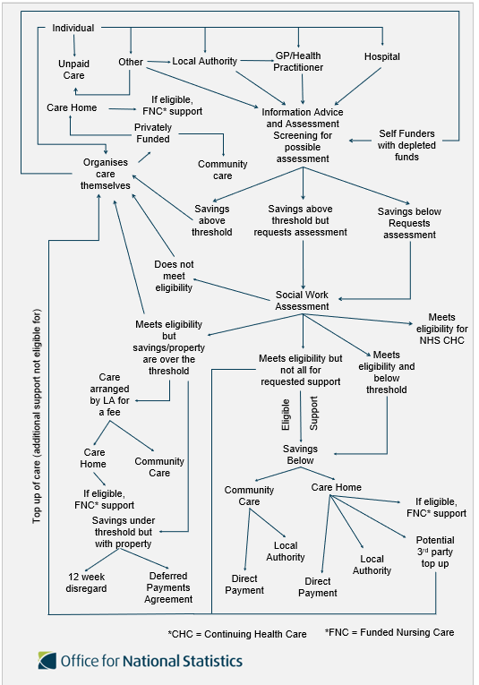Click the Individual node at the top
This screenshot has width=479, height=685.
tap(73, 28)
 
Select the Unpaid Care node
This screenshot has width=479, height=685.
tap(73, 70)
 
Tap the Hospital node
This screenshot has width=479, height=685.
tap(382, 56)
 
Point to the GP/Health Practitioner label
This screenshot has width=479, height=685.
tap(298, 62)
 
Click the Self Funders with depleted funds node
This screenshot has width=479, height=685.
tap(406, 145)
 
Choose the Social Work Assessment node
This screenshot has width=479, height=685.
tap(302, 301)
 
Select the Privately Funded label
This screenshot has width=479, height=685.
tap(153, 133)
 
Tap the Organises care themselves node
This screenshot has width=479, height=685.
tap(106, 174)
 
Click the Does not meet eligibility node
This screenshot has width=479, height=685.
tap(174, 276)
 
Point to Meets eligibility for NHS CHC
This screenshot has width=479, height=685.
tap(442, 329)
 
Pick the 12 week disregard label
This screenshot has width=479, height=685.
tap(87, 583)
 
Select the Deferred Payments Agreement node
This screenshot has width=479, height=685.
tap(168, 587)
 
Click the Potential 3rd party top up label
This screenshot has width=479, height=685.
tap(435, 552)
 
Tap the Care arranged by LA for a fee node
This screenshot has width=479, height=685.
tap(109, 395)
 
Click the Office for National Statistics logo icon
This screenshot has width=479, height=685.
tap(47, 661)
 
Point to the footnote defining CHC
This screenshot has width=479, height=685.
tap(237, 634)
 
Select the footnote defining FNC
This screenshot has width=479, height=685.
tap(389, 632)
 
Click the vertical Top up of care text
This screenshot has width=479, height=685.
tap(37, 416)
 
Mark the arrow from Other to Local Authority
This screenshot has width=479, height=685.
tap(159, 62)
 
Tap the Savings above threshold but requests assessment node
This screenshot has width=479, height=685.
tap(301, 220)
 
